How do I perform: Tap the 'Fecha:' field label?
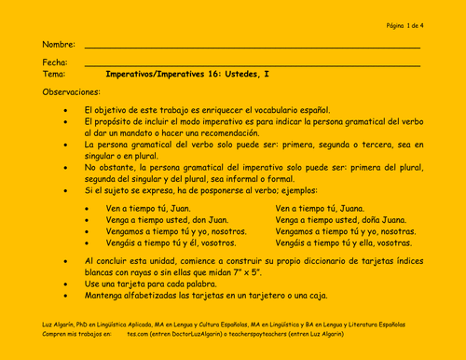[55, 62]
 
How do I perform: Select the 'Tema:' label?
[54, 73]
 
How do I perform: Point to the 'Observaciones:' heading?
[71, 92]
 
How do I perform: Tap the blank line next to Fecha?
[252, 65]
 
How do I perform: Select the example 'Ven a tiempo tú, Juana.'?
[321, 208]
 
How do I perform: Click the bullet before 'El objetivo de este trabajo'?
[65, 110]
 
